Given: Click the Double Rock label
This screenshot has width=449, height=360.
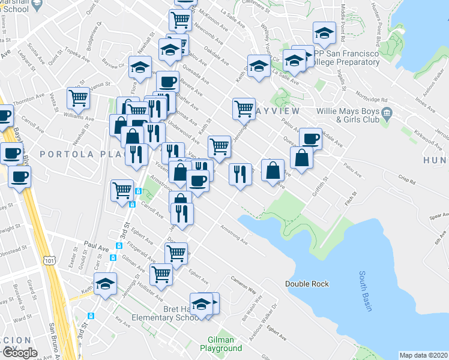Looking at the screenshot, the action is [307, 284].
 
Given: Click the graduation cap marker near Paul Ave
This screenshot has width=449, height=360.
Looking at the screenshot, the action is [106, 283].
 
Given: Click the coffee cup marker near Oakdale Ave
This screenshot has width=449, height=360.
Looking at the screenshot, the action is [310, 139].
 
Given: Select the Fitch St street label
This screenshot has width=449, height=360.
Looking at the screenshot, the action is [350, 197].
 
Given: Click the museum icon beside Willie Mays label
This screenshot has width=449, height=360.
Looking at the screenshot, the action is [387, 112].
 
